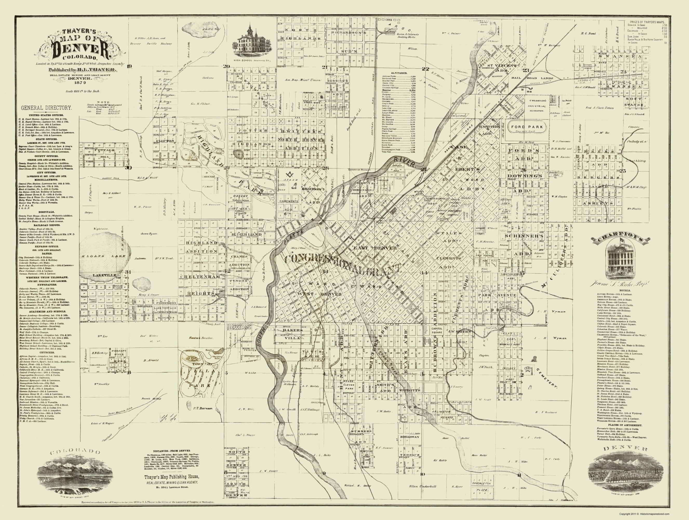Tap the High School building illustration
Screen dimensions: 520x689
pyautogui.click(x=251, y=42)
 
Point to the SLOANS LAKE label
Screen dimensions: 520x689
pyautogui.click(x=103, y=256)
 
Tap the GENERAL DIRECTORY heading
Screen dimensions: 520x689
pyautogui.click(x=46, y=108)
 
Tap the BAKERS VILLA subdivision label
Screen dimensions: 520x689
pyautogui.click(x=292, y=334)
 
